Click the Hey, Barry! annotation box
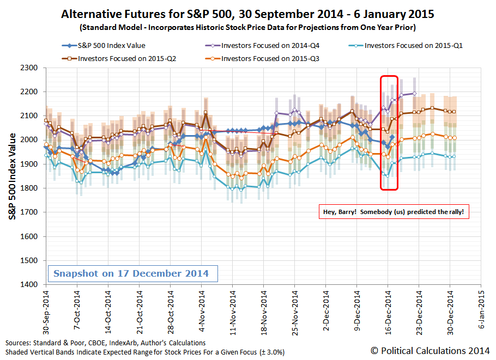point(394,212)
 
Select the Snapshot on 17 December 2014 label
point(132,273)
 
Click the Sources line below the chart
point(106,343)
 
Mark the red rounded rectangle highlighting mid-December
point(389,133)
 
